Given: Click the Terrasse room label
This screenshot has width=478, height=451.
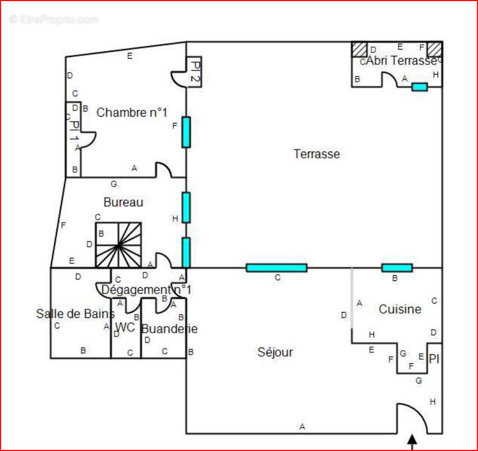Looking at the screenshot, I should click(316, 154).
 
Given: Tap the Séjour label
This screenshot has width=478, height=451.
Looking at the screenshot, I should click(275, 352).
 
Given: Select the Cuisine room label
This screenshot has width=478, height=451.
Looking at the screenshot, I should click(400, 309).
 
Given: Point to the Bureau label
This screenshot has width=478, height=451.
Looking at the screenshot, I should click(123, 202).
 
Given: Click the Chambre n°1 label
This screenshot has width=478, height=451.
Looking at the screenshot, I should click(132, 112).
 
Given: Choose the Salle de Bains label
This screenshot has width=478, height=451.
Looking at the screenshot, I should click(75, 313).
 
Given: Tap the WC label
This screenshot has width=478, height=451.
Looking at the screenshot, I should click(125, 328).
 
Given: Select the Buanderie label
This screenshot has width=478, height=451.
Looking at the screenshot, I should click(169, 329).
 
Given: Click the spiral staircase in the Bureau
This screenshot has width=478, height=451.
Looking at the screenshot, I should click(118, 245).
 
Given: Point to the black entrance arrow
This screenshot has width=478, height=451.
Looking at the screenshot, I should click(412, 441).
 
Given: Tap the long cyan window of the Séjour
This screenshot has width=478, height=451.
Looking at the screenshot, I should click(276, 268).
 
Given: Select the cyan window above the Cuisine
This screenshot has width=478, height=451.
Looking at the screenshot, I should click(397, 268).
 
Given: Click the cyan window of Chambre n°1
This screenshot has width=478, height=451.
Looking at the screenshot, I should click(186, 132).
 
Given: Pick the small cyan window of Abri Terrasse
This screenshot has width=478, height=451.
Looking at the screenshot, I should click(419, 87).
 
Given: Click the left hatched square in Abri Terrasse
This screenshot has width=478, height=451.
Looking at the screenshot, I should click(360, 49).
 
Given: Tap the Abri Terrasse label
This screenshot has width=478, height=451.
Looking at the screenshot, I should click(401, 61).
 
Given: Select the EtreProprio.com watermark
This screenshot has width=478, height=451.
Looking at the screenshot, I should click(53, 19).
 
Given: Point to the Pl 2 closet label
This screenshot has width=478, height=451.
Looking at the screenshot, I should click(194, 72).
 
